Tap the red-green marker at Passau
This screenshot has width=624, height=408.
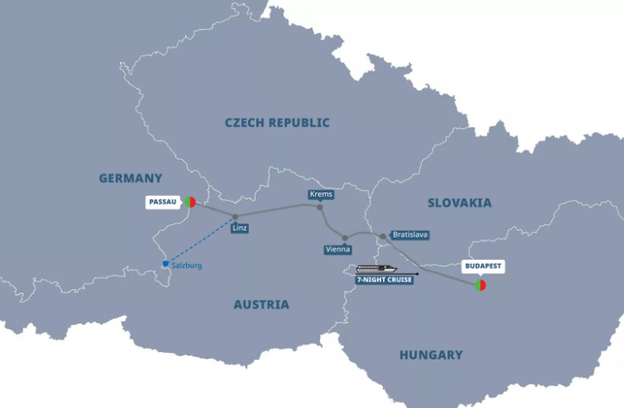pyautogui.click(x=189, y=203)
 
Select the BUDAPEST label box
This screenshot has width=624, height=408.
pyautogui.click(x=482, y=266)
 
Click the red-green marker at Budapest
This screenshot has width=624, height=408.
pyautogui.click(x=481, y=286)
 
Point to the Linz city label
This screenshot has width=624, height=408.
pyautogui.click(x=239, y=228)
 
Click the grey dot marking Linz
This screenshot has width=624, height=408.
pyautogui.click(x=235, y=216)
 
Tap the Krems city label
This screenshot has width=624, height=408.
pyautogui.click(x=321, y=194)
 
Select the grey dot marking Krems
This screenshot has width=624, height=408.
pyautogui.click(x=320, y=206)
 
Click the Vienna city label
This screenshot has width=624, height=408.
pyautogui.click(x=338, y=249)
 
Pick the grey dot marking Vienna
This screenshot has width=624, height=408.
pyautogui.click(x=345, y=238)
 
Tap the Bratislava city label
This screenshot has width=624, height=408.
pyautogui.click(x=410, y=234)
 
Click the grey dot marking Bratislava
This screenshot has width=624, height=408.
pyautogui.click(x=383, y=236)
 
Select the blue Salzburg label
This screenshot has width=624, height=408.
pyautogui.click(x=187, y=265)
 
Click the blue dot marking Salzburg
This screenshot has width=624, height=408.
pyautogui.click(x=166, y=264)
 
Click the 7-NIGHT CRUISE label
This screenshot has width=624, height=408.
pyautogui.click(x=385, y=280)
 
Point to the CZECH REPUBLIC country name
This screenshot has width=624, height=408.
pyautogui.click(x=277, y=123)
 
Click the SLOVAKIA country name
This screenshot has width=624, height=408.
pyautogui.click(x=459, y=203)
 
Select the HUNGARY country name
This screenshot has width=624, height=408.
pyautogui.click(x=431, y=355)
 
